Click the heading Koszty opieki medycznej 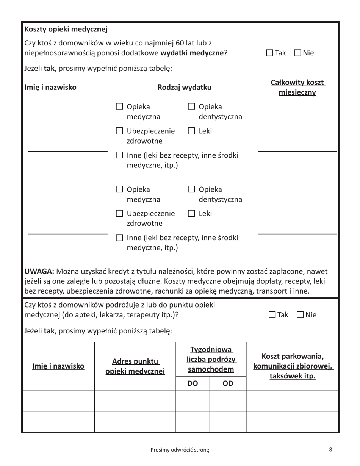coord(66,29)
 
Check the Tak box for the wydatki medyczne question coord(269,53)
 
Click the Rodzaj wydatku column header coord(185,88)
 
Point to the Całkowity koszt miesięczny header coord(297,88)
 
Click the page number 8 coord(330,449)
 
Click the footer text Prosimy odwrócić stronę coord(180,450)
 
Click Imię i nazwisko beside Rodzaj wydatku coord(50,88)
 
